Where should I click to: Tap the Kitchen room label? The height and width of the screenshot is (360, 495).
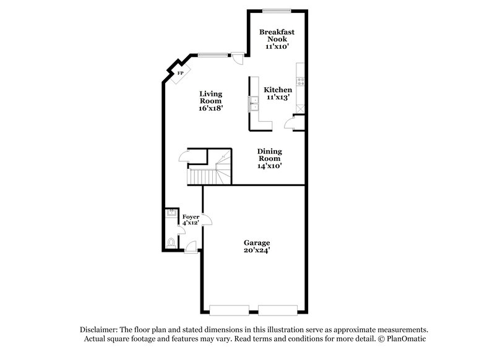(x=278, y=93)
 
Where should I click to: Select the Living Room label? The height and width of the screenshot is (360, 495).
(x=210, y=101)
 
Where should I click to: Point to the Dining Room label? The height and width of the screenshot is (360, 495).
(x=270, y=158)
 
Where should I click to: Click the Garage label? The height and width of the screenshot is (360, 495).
(x=256, y=246)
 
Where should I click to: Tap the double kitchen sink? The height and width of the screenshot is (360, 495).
(x=254, y=103)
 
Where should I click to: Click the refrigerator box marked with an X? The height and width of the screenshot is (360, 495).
(x=301, y=108)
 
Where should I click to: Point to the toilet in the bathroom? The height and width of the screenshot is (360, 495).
(x=171, y=241)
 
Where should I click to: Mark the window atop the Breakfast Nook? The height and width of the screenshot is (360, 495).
(x=275, y=9)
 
